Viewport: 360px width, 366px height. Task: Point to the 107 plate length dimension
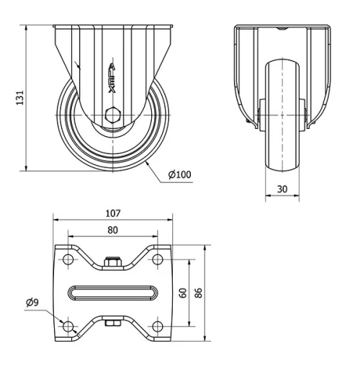pyautogui.click(x=112, y=213)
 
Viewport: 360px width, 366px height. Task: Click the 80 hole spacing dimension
pyautogui.click(x=112, y=231)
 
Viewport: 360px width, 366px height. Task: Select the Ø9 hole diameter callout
pyautogui.click(x=31, y=302)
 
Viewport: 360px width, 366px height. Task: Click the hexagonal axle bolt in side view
pyautogui.click(x=112, y=116)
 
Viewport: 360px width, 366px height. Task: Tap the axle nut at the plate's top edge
pyautogui.click(x=112, y=262)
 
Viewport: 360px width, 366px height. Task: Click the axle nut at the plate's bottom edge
pyautogui.click(x=112, y=323)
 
